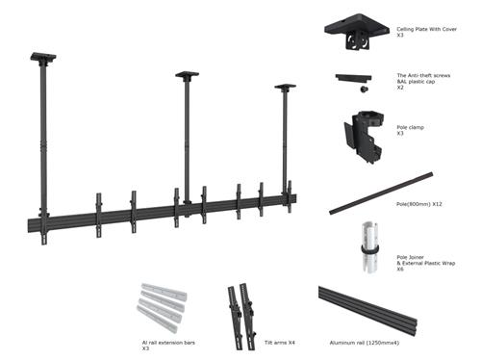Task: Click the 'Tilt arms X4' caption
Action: tap(280, 341)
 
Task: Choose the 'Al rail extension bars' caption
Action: tap(169, 341)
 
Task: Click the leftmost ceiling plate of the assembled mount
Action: tap(44, 56)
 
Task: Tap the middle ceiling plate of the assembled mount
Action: tap(187, 74)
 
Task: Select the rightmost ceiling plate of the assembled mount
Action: tap(285, 87)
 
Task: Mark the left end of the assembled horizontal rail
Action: tap(33, 226)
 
